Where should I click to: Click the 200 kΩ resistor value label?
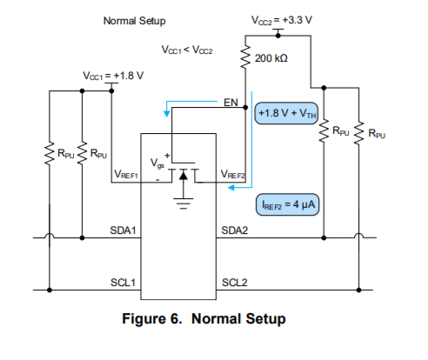point(271,58)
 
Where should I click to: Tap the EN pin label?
point(231,103)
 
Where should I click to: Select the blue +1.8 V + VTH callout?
point(286,113)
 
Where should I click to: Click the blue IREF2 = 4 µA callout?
point(287,204)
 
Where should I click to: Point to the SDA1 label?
point(123,230)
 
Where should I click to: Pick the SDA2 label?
point(235,230)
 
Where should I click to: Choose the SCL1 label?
point(123,283)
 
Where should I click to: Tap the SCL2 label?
point(235,283)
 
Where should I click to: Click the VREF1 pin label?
point(126,174)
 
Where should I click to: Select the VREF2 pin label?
point(233,174)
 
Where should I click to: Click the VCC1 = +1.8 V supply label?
point(113,76)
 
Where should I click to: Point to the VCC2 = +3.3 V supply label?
point(282,20)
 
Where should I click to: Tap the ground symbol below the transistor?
point(184,203)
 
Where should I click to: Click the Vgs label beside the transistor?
point(157,163)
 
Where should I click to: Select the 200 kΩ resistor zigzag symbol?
point(245,57)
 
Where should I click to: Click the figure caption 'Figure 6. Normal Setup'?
point(204,319)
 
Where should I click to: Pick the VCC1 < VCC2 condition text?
point(187,50)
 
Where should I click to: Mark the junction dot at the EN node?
point(245,108)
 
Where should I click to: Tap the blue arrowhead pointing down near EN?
point(167,114)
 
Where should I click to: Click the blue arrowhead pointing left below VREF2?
point(231,188)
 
